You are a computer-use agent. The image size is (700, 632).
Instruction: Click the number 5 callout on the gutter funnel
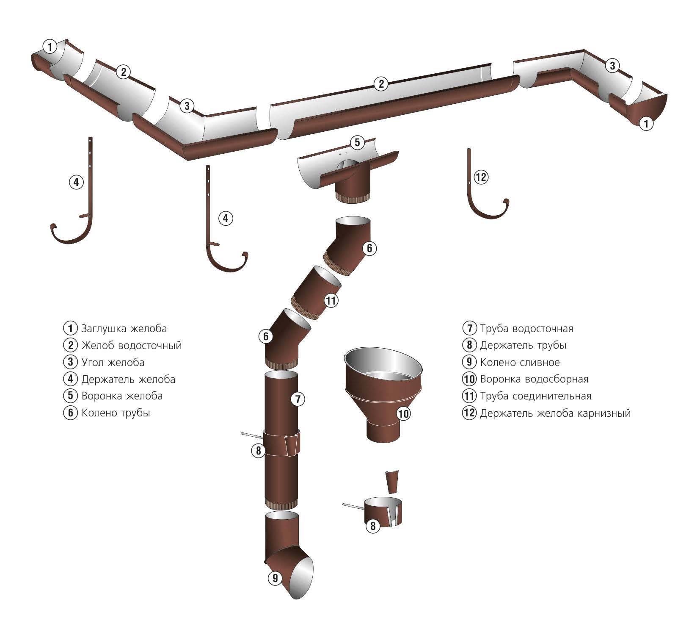[357, 142]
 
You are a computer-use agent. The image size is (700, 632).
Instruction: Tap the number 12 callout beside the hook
[481, 177]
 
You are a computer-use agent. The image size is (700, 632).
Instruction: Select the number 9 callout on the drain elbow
[275, 577]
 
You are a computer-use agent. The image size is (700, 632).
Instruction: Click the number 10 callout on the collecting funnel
[404, 413]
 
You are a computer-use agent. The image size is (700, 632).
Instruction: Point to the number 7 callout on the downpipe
[298, 399]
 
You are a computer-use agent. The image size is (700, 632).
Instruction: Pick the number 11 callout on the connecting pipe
[331, 301]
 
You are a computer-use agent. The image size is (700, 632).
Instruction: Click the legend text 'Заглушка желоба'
[124, 328]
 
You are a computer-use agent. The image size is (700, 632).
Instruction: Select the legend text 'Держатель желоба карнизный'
[555, 413]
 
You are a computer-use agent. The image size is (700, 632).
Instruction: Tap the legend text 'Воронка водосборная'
[534, 379]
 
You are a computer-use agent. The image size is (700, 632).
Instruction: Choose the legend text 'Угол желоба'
[113, 362]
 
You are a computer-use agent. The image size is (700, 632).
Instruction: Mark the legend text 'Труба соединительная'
[535, 396]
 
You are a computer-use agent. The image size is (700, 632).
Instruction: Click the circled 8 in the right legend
[469, 345]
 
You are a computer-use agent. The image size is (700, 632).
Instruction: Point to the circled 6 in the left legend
[70, 413]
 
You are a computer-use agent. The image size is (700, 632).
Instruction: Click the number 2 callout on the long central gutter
[381, 83]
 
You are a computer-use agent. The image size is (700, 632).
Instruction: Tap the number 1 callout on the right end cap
[646, 124]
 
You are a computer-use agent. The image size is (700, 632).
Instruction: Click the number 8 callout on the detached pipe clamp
[373, 526]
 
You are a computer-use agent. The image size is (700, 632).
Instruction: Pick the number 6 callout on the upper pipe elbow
[369, 248]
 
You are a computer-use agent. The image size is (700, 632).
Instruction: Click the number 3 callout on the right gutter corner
[612, 65]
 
